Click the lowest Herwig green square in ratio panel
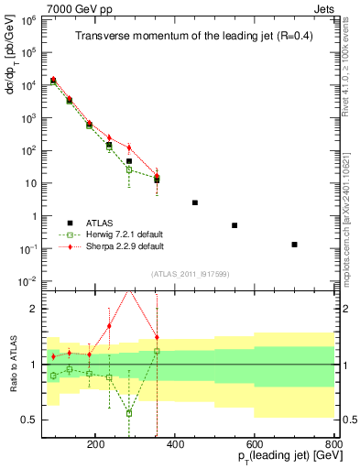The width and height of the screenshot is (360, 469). [129, 413]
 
